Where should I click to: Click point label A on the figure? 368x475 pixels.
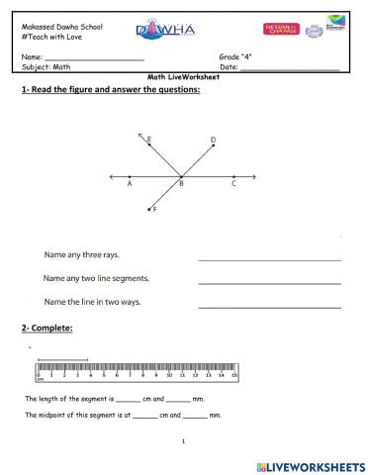coord(131,184)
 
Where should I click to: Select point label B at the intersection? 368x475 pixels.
coord(181,184)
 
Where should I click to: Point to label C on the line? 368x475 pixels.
coord(233,184)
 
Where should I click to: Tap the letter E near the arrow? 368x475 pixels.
coord(149,142)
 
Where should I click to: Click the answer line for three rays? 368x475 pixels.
coord(269,259)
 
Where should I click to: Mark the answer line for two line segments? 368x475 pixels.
coord(269,282)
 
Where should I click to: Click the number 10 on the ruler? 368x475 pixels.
coord(169,376)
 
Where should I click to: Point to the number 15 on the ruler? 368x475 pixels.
coord(234,376)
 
